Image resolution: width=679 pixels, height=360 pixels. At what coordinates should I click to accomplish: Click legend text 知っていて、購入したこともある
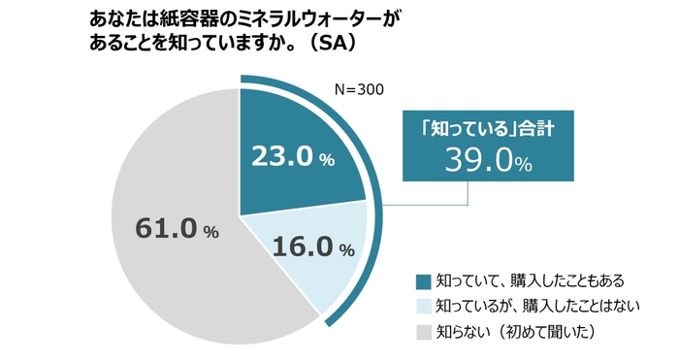522,281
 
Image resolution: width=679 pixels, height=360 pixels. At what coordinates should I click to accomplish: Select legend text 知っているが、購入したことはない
529,307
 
